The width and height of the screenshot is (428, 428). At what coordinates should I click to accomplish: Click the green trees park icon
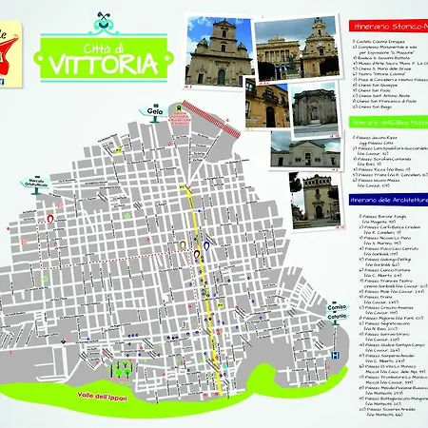[x=122, y=366]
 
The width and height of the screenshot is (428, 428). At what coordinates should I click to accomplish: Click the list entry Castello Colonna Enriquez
[x=384, y=41]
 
